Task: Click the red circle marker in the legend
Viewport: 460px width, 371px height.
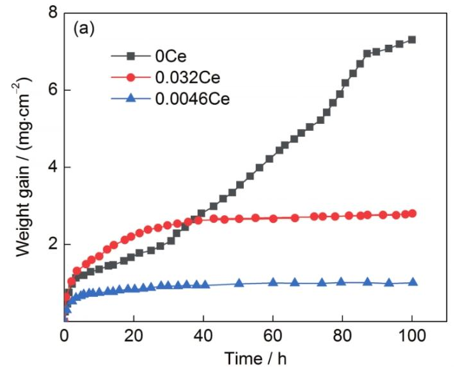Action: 131,78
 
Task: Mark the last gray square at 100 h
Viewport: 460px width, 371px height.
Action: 412,40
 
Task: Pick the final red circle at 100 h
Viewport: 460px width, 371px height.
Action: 412,213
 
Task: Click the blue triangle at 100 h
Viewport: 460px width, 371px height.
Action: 412,282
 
